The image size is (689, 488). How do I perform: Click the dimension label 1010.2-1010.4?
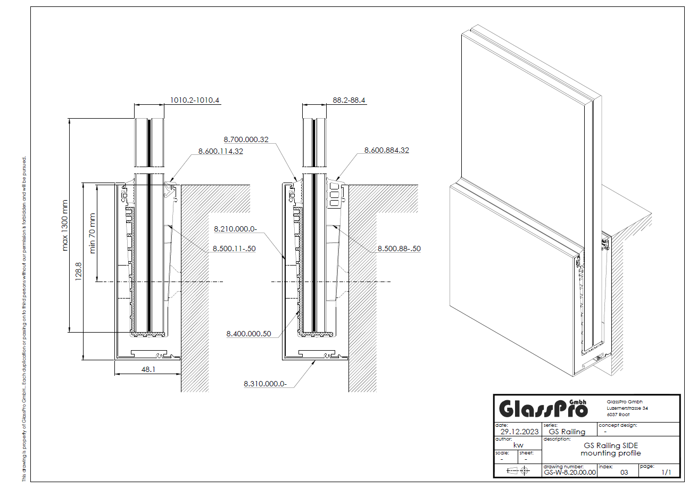click(x=195, y=100)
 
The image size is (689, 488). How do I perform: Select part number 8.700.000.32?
click(x=246, y=140)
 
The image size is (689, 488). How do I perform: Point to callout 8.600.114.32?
click(x=221, y=151)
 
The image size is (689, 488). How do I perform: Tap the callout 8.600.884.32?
click(x=387, y=151)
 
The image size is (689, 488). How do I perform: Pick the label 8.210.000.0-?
click(x=235, y=229)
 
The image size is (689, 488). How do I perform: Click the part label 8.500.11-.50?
click(x=234, y=249)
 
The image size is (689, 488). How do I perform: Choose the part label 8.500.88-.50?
click(x=399, y=249)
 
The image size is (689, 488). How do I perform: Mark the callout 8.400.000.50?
click(x=248, y=334)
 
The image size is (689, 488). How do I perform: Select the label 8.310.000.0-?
click(x=265, y=383)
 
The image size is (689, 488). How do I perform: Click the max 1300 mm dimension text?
click(x=66, y=225)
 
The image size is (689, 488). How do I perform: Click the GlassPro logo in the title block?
click(x=543, y=409)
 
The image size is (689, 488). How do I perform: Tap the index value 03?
click(x=625, y=472)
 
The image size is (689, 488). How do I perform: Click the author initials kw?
click(x=518, y=445)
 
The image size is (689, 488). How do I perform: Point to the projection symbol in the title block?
click(x=518, y=470)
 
